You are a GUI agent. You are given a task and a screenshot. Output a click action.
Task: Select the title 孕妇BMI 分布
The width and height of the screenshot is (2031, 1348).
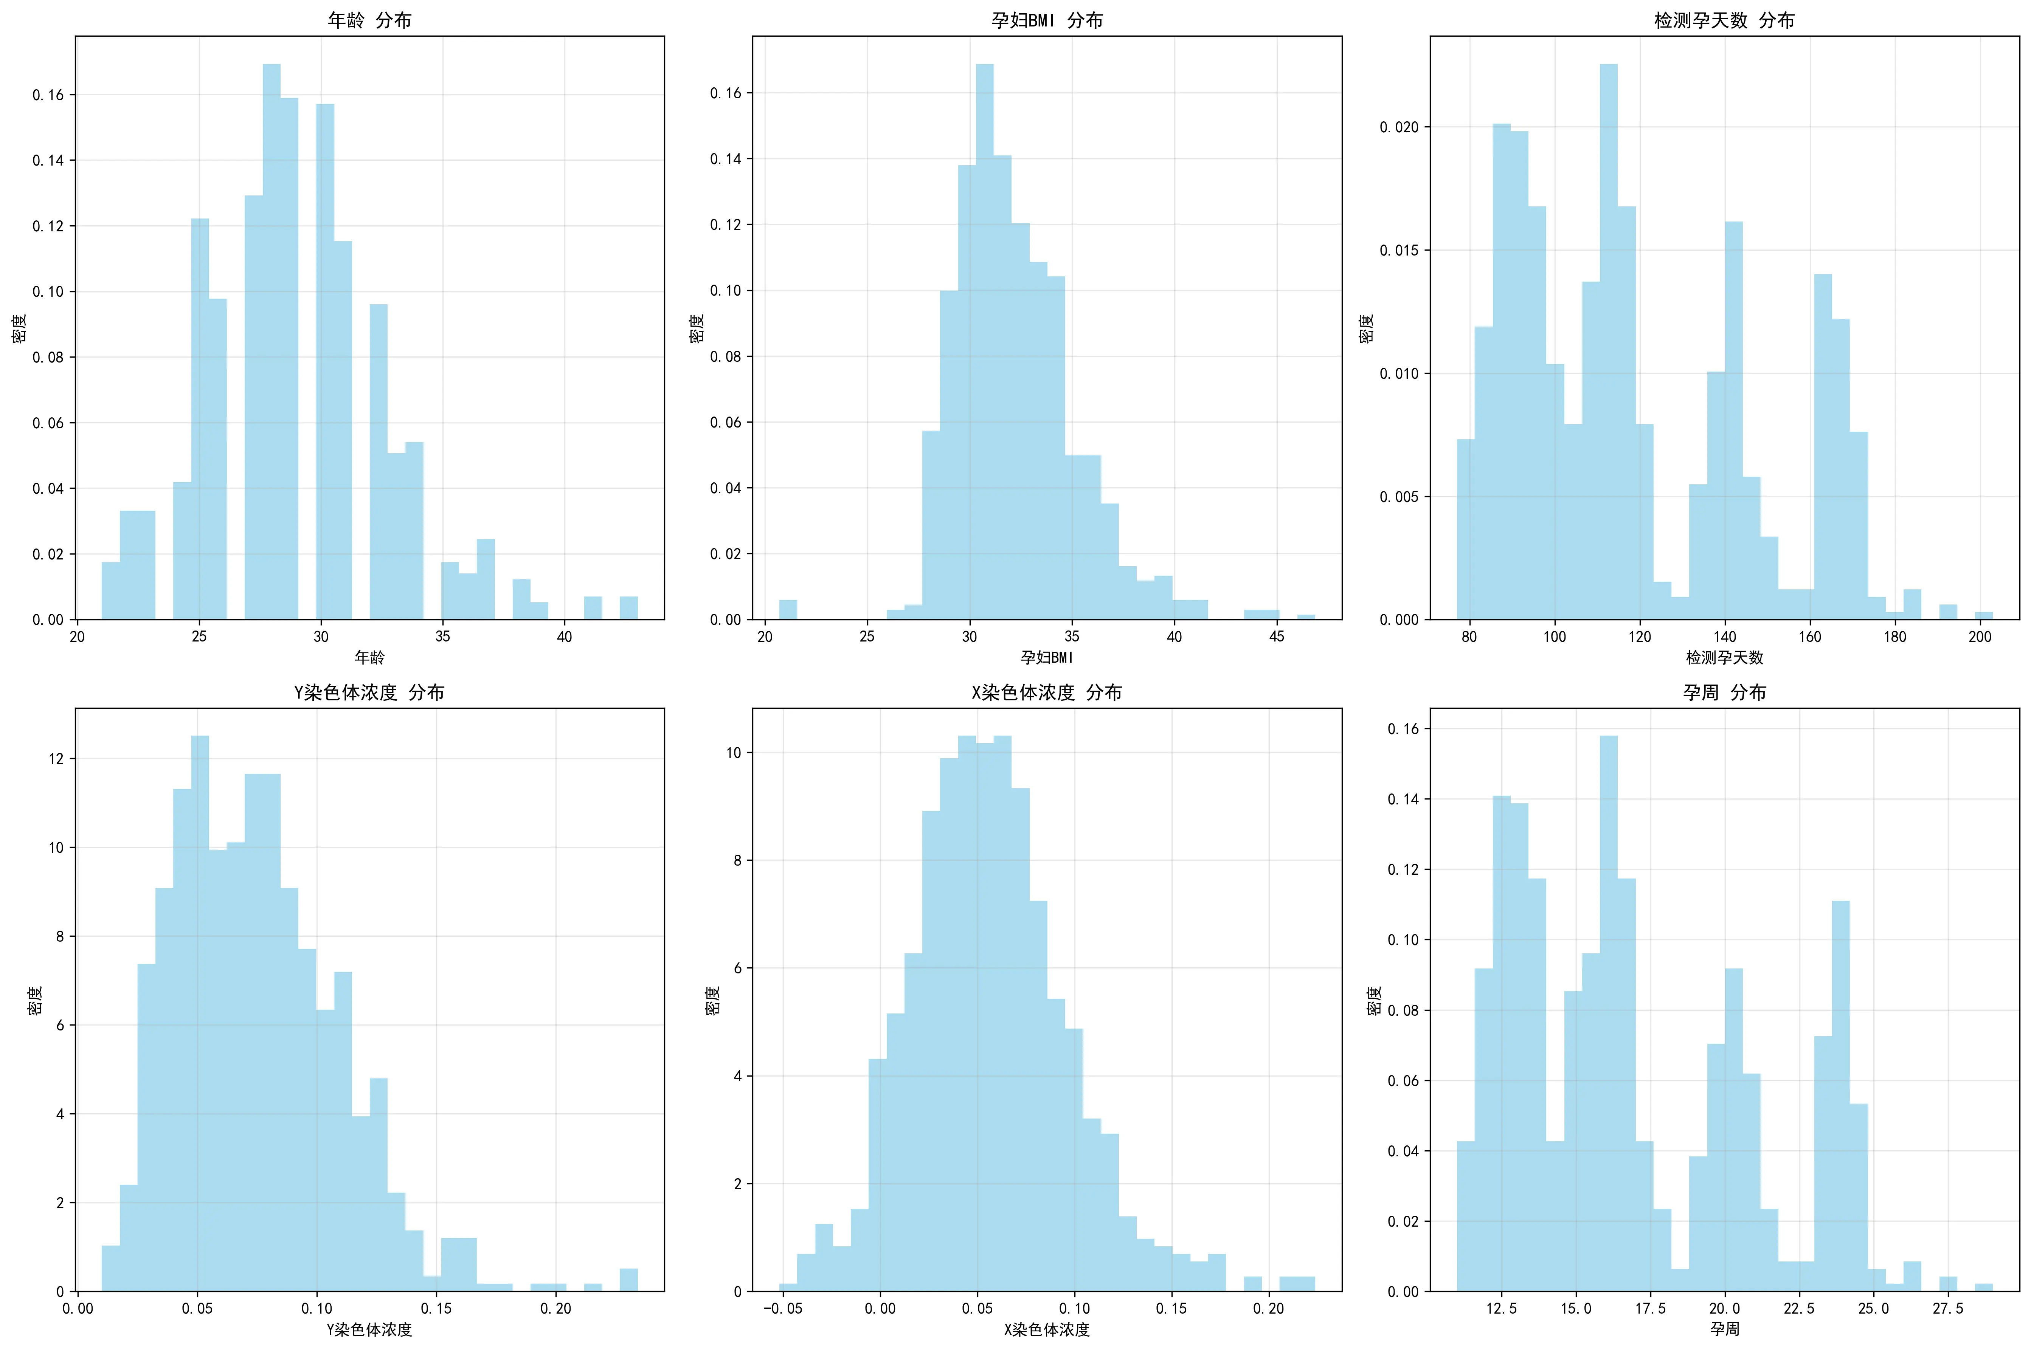click(1046, 20)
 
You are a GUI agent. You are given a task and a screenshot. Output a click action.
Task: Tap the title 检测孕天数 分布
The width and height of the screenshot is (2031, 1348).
click(1724, 20)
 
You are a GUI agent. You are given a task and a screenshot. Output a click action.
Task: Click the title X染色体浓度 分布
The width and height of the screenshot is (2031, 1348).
click(1046, 692)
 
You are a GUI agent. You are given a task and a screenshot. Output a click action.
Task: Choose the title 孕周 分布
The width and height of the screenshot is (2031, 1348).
click(1724, 692)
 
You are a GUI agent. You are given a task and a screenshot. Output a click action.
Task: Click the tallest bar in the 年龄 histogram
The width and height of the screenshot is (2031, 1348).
click(271, 344)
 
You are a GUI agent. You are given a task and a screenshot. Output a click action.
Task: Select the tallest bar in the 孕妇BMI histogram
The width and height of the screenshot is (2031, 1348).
click(985, 344)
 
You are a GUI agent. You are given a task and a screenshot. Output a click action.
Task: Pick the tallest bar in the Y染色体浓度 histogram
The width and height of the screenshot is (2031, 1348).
click(200, 1015)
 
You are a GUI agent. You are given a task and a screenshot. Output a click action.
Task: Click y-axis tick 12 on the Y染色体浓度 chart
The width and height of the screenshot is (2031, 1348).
click(57, 758)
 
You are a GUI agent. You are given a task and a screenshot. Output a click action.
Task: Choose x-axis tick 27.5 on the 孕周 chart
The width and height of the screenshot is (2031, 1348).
click(1947, 1308)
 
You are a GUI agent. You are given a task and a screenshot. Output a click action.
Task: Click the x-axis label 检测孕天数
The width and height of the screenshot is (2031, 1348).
click(1724, 658)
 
